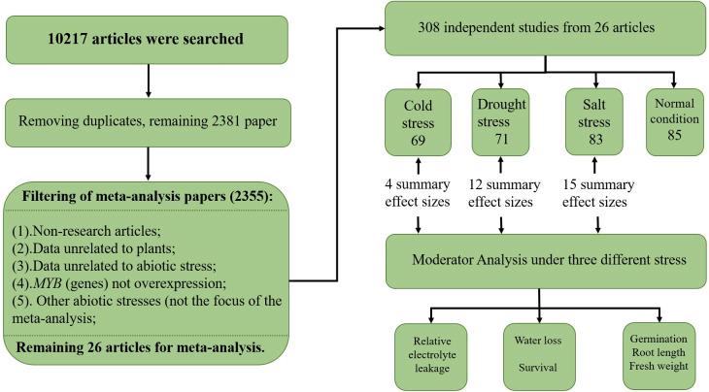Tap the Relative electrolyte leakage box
click(430, 354)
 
